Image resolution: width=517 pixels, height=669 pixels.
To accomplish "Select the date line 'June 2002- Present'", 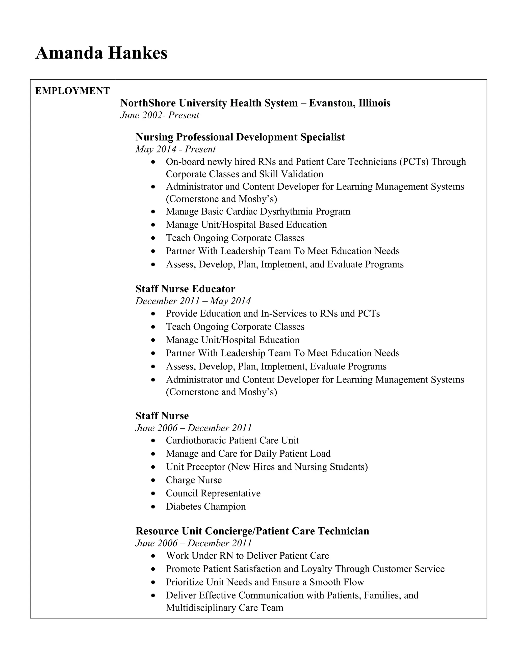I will pos(159,115).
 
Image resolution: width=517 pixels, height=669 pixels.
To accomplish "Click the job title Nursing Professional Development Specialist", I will pos(240,137).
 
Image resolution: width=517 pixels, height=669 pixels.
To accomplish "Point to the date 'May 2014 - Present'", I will pos(175,149).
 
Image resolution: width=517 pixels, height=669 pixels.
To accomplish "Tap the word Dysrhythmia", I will pos(286,212).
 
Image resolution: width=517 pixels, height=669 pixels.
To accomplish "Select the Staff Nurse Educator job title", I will pos(185,289).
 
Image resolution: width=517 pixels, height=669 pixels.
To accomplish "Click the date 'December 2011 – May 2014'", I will pos(193,301).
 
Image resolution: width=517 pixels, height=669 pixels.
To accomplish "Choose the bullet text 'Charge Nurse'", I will pos(194,480).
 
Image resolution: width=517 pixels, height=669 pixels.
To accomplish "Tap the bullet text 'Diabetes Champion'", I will pos(205,507).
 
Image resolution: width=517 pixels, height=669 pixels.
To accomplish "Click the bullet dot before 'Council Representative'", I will pos(153,494).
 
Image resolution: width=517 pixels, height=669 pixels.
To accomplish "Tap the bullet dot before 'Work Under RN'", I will pos(153,556).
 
